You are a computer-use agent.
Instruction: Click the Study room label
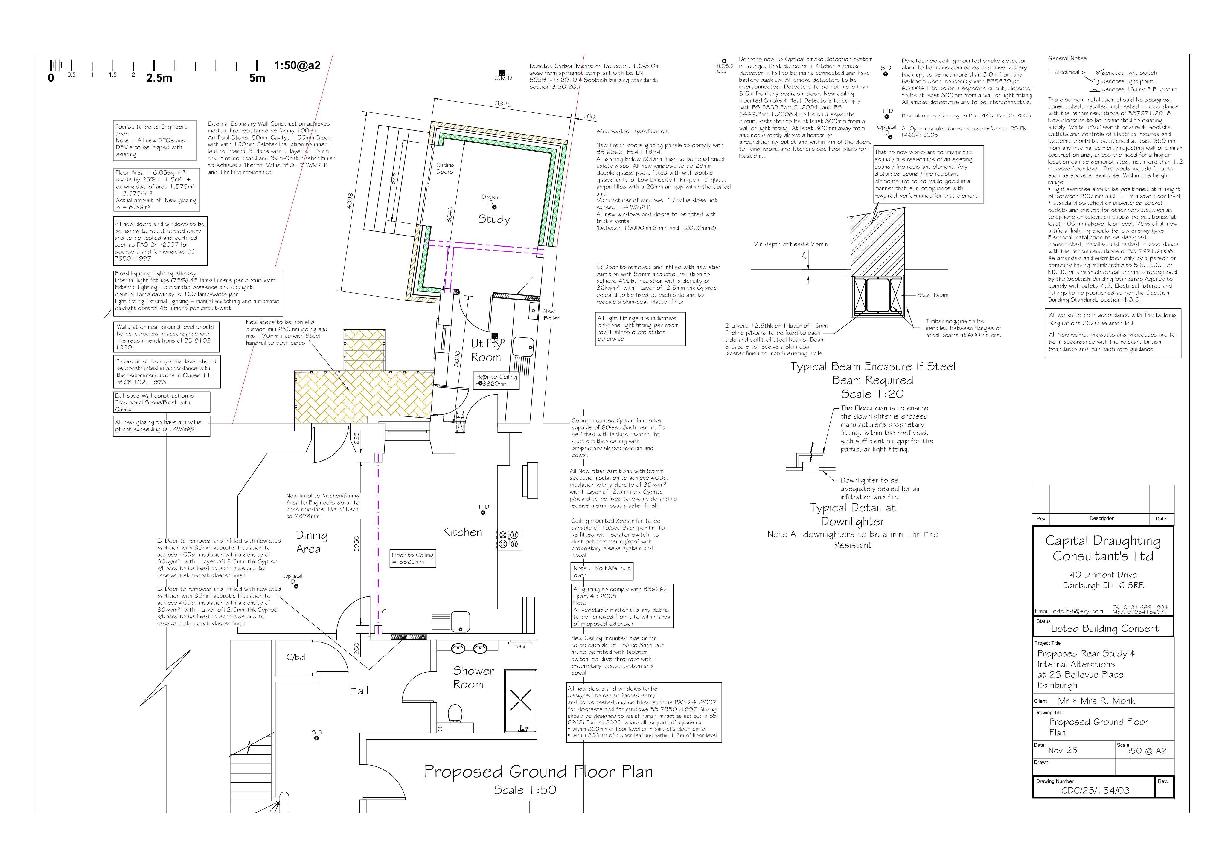[493, 219]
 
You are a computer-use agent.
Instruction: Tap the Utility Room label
[485, 350]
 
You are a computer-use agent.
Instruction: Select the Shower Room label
[473, 677]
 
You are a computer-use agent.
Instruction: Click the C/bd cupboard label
[295, 657]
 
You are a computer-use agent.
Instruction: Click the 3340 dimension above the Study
[503, 104]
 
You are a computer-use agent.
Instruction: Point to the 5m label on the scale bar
[257, 78]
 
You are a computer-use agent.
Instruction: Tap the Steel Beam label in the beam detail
[933, 295]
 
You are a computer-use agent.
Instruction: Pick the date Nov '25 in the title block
[1062, 750]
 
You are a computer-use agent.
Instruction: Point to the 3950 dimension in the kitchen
[357, 544]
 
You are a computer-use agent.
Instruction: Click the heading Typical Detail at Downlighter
[853, 514]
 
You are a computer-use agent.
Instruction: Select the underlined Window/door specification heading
[632, 132]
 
